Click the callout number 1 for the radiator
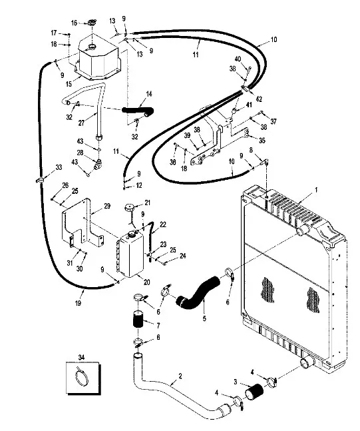(x=316, y=190)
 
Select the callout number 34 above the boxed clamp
(x=81, y=357)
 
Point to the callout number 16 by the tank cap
(x=74, y=23)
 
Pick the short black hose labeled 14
(x=138, y=111)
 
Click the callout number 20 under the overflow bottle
(x=147, y=282)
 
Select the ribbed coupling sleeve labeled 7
(x=139, y=318)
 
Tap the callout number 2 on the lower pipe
(x=180, y=376)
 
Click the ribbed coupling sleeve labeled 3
(x=254, y=392)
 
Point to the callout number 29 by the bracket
(x=107, y=206)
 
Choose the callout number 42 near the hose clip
(x=259, y=99)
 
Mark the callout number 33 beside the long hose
(x=59, y=167)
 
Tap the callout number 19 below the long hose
(x=79, y=303)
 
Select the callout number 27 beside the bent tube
(x=81, y=123)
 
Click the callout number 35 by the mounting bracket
(x=262, y=141)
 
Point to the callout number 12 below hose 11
(x=139, y=185)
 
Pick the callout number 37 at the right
(x=273, y=121)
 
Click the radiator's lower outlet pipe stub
(x=307, y=364)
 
